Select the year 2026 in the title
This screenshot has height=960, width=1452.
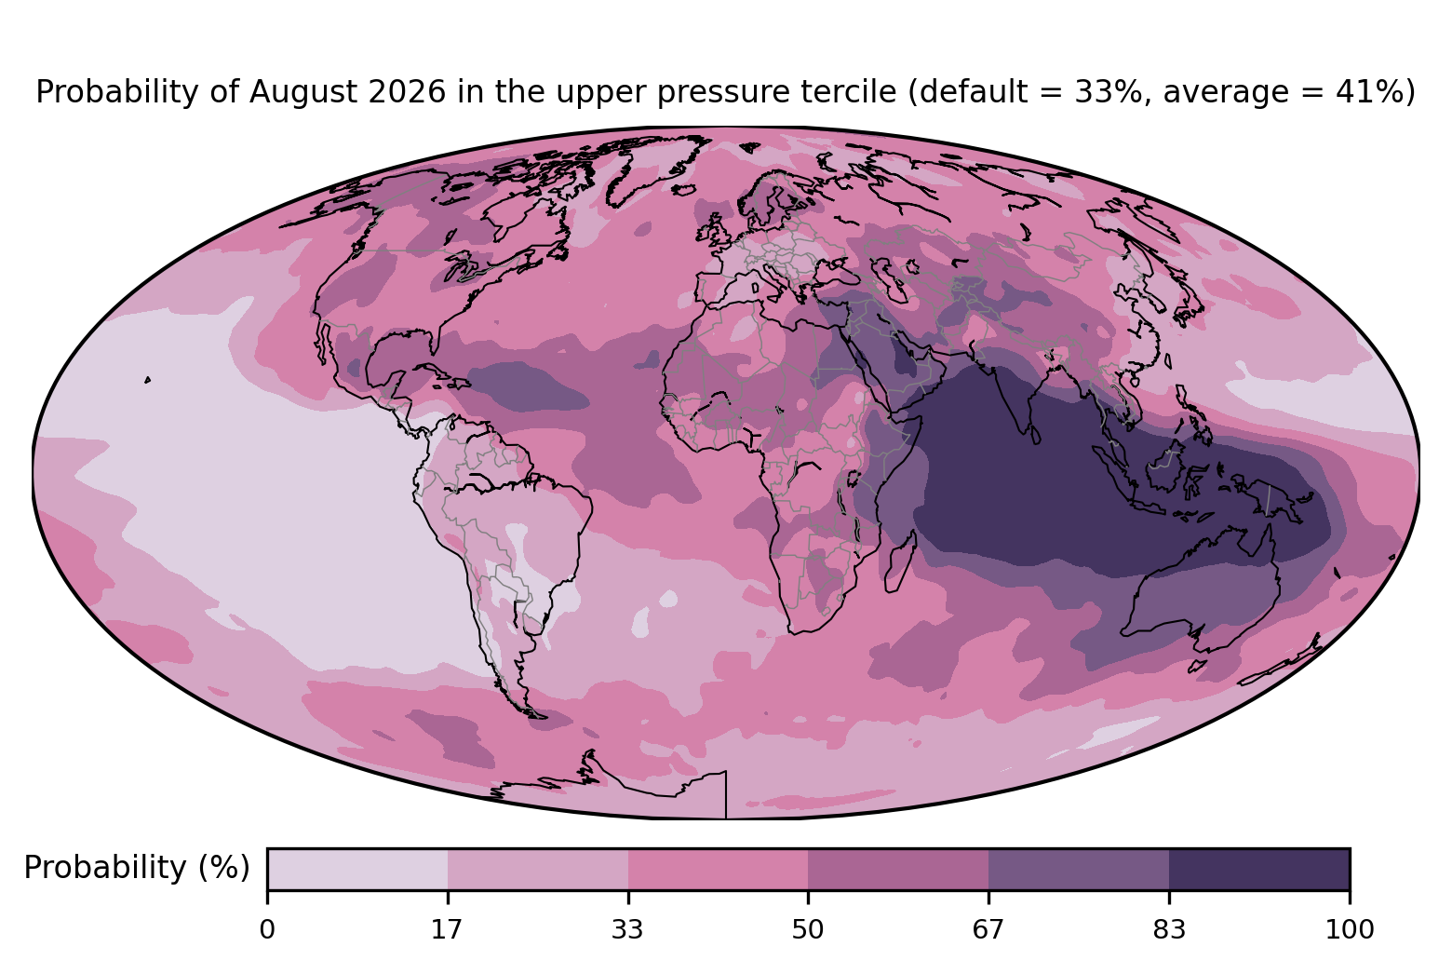click(407, 91)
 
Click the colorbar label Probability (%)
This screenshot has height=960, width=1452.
click(137, 868)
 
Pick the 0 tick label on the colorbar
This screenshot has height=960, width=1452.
click(267, 930)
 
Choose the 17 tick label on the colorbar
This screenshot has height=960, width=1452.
click(447, 930)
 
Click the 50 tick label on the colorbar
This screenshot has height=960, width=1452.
click(808, 930)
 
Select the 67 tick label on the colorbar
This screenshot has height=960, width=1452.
click(988, 930)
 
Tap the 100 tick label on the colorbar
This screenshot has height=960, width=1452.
click(1350, 930)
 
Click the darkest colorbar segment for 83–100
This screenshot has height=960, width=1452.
click(1259, 869)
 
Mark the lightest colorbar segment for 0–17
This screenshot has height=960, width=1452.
click(357, 869)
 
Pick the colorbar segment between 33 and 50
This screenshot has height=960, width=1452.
click(719, 869)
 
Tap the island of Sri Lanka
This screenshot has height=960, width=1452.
click(1035, 435)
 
